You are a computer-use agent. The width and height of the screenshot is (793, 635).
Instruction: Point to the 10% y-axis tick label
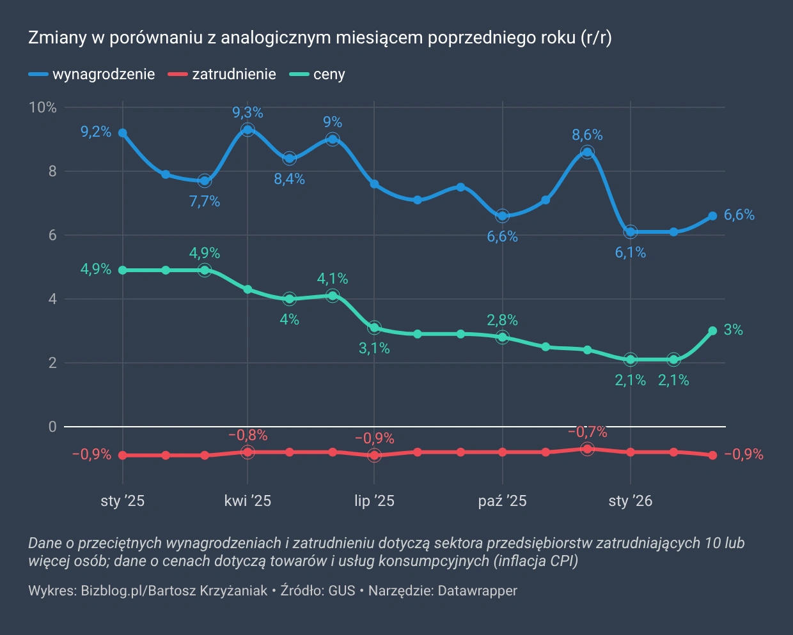pos(43,107)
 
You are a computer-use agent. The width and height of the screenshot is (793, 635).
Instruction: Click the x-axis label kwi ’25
pos(247,501)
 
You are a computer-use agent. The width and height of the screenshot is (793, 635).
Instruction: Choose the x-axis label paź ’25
pos(502,501)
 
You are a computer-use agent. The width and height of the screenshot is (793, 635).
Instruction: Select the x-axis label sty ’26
pos(630,501)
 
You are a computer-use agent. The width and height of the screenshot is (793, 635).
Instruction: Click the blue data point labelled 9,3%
pos(247,130)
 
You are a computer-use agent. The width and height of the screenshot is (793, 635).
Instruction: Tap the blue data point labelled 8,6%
pos(587,152)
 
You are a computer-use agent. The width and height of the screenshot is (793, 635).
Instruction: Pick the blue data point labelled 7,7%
pos(205,181)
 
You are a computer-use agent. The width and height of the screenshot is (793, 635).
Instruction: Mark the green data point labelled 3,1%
pos(374,328)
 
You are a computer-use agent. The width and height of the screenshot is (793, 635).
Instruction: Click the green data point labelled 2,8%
pos(502,337)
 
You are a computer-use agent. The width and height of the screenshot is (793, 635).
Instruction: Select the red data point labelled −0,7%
pos(587,449)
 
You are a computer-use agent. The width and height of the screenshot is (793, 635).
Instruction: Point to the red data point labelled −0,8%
pos(247,452)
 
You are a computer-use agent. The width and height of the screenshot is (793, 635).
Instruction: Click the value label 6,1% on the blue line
pos(630,253)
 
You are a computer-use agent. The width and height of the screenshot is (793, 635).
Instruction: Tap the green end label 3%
pos(733,330)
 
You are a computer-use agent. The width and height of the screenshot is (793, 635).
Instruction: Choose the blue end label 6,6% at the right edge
pos(739,215)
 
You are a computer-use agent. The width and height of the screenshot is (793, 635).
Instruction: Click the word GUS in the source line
pos(342,591)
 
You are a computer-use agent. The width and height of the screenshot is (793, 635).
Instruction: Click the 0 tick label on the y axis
pos(52,427)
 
